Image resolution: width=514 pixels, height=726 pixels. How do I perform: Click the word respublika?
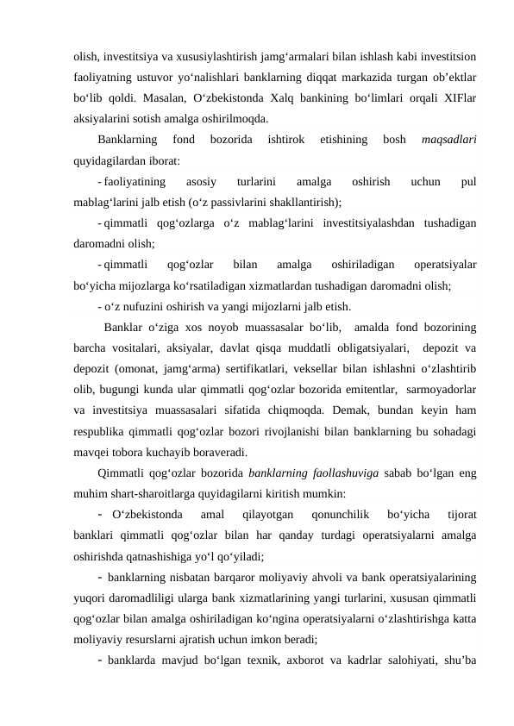(x=102, y=430)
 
